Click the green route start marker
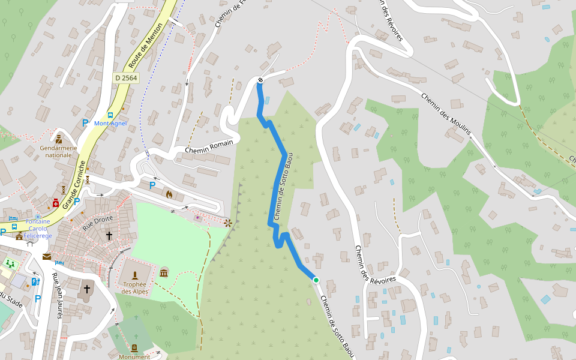click(316, 280)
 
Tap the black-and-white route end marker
click(260, 80)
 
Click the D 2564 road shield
click(126, 78)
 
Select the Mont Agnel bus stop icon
click(110, 115)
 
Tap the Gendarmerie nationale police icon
click(59, 139)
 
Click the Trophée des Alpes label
click(134, 288)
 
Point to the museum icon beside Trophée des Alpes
click(164, 274)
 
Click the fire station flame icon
click(169, 194)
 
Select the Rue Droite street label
click(98, 223)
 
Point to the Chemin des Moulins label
click(446, 114)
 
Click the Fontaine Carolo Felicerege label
click(38, 229)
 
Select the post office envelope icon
click(46, 257)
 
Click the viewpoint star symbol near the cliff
click(228, 223)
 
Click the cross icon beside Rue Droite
click(109, 236)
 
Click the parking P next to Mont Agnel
click(85, 123)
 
